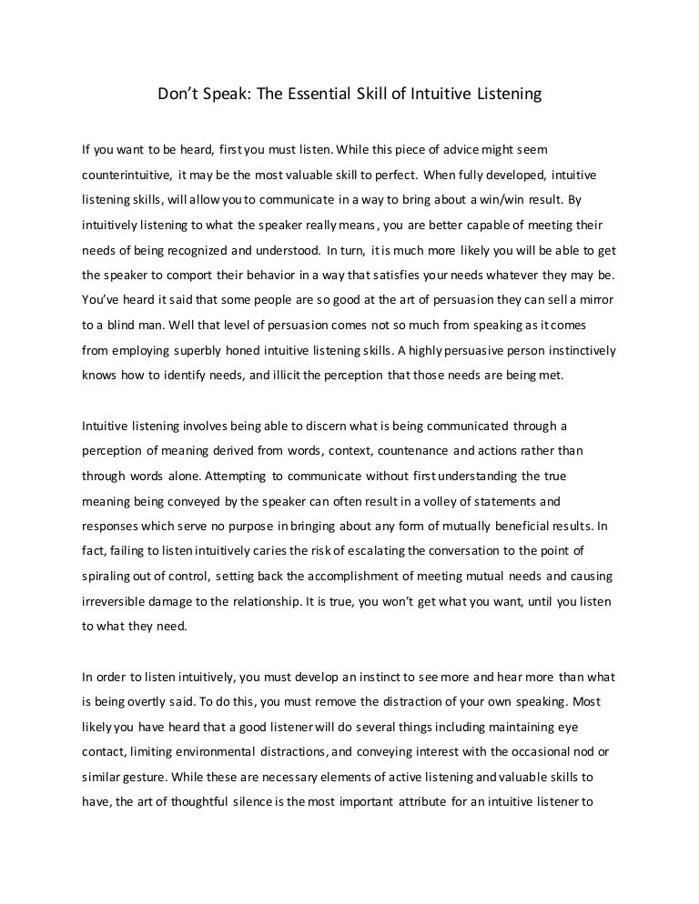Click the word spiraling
tap(108, 575)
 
